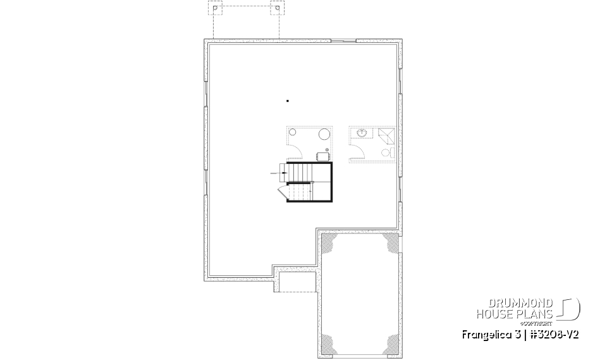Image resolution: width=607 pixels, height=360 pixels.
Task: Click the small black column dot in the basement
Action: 288,101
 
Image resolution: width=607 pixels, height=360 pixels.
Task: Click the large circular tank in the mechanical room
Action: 324,134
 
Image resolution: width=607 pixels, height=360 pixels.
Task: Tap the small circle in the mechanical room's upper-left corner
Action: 292,133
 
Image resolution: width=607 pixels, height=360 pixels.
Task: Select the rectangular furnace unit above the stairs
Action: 322,156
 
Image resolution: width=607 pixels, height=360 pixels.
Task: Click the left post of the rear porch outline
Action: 216,9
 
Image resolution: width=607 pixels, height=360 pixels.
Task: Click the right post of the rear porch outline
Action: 276,9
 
